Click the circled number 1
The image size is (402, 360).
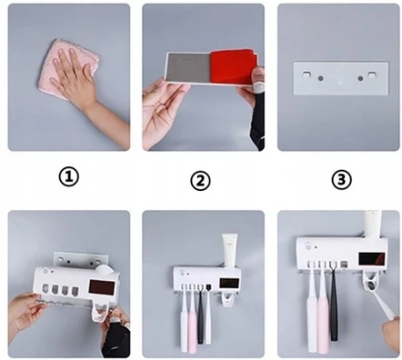pyautogui.click(x=68, y=177)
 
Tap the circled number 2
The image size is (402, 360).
pyautogui.click(x=200, y=181)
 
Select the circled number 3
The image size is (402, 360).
pyautogui.click(x=341, y=180)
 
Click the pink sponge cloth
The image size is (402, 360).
pyautogui.click(x=68, y=68)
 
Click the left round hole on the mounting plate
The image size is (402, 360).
pyautogui.click(x=320, y=78)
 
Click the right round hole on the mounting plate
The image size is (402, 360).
pyautogui.click(x=360, y=78)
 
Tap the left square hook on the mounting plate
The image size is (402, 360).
pyautogui.click(x=307, y=74)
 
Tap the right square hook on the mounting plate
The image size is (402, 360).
pyautogui.click(x=372, y=74)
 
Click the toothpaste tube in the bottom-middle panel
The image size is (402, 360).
pyautogui.click(x=229, y=250)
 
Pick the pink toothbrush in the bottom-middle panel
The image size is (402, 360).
pyautogui.click(x=192, y=320)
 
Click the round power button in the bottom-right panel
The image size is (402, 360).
pyautogui.click(x=308, y=246)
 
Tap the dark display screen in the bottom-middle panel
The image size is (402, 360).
pyautogui.click(x=229, y=283)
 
